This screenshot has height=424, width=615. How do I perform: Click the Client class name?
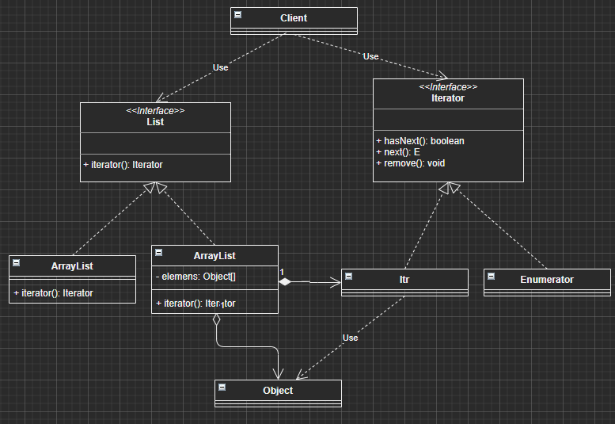point(294,17)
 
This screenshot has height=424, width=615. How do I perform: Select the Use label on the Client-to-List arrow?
point(220,67)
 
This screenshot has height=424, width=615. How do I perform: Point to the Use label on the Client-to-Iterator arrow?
point(370,56)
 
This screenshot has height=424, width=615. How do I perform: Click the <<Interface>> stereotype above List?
point(155,111)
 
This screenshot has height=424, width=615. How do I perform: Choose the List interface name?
point(155,122)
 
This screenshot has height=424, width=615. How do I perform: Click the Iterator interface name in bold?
point(448,98)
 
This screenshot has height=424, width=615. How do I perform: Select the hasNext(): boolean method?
point(419,141)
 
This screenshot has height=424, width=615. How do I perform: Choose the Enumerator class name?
point(547,279)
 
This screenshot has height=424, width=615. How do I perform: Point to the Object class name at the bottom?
point(278,390)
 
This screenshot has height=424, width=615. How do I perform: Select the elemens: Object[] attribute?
point(198,277)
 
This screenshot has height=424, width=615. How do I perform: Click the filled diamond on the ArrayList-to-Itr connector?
point(286,281)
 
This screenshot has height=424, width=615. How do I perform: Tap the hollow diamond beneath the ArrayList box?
point(215,320)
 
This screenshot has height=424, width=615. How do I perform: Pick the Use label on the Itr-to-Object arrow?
point(350,338)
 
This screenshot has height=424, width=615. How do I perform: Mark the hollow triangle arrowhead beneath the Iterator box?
point(449,188)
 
